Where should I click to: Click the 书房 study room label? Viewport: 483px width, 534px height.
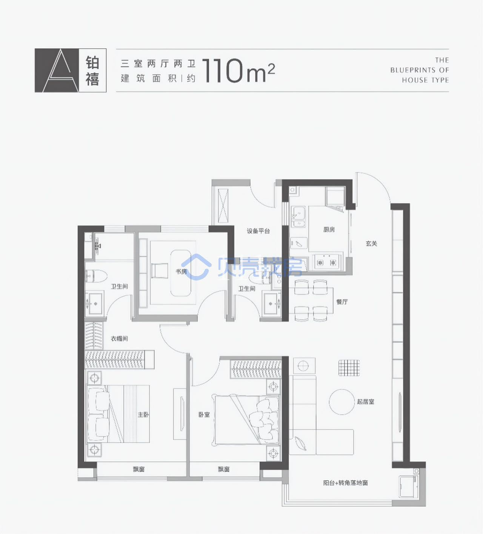coord(181,271)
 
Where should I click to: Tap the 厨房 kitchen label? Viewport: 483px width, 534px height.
coord(329,229)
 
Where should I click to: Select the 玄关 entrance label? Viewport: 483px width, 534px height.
coord(371,243)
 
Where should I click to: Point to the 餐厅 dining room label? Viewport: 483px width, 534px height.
coord(342,302)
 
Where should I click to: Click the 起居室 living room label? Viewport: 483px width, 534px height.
coord(366,402)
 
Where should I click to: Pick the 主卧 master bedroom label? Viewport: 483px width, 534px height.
coord(143,414)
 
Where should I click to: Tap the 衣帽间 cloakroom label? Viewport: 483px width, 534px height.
coord(119,339)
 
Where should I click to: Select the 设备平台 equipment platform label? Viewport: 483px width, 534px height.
coord(258,231)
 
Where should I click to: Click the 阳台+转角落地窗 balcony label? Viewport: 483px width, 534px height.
coord(345,483)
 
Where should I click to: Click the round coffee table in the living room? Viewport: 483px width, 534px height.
coord(342,402)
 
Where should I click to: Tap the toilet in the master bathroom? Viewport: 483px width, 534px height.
coord(96,276)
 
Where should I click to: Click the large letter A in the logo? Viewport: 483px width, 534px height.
coord(61,70)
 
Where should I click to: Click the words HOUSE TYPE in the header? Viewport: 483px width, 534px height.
coord(426,80)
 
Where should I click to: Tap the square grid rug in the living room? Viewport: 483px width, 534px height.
coord(349,368)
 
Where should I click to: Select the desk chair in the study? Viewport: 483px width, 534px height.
coord(160,271)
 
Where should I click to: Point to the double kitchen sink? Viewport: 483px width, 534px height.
coord(298,216)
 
